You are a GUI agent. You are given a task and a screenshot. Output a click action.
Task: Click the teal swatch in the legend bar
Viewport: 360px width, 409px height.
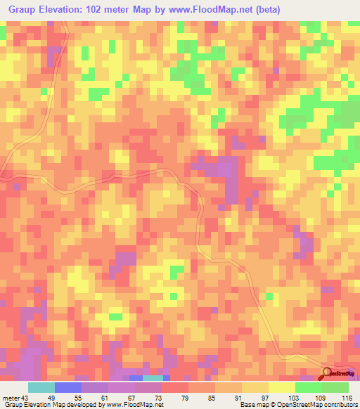click(x=41, y=388)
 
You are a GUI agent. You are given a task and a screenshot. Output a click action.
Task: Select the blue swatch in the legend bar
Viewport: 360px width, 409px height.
click(x=68, y=388)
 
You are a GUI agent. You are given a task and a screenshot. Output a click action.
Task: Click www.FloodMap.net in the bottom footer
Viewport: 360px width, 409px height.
click(x=138, y=404)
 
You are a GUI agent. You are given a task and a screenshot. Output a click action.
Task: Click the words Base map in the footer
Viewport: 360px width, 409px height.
click(x=251, y=404)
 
